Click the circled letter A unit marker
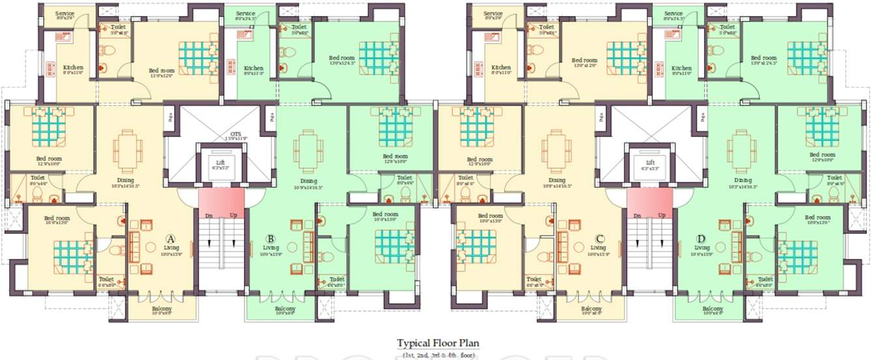(x=170, y=239)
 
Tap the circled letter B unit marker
(x=271, y=239)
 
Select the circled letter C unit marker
(x=599, y=239)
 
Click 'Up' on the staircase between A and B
(x=232, y=215)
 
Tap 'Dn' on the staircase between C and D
(x=637, y=215)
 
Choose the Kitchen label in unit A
(x=73, y=68)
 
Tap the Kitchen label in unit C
(x=501, y=68)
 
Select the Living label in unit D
(x=701, y=248)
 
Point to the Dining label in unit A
(x=125, y=181)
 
